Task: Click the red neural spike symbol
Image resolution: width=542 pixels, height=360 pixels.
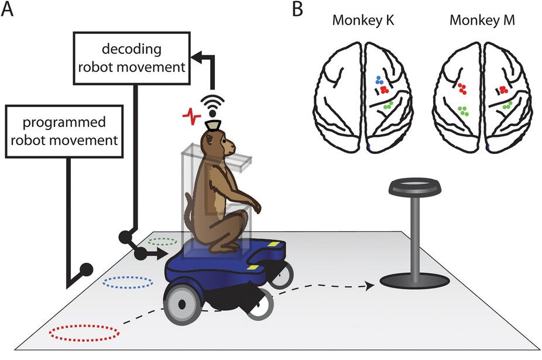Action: coord(190,118)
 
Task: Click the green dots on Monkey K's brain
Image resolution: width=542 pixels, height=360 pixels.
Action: coord(387,107)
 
